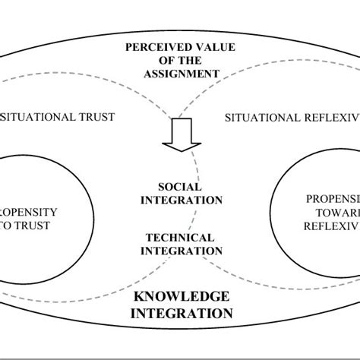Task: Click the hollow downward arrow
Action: [181, 137]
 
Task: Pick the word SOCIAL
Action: [180, 186]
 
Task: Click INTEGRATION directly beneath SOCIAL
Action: [180, 200]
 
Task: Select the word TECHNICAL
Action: [180, 237]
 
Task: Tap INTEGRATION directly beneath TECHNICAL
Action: [180, 251]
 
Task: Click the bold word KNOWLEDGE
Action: [179, 296]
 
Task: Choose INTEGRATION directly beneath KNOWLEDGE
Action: [179, 312]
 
